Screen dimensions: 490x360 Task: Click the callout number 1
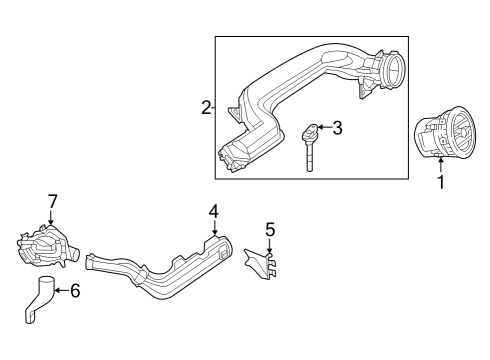click(441, 182)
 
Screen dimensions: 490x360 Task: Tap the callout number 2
click(206, 108)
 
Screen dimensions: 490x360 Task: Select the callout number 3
click(337, 128)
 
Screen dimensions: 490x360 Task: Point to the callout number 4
click(214, 211)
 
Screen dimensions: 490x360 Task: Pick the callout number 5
click(270, 230)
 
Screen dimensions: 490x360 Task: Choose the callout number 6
click(75, 290)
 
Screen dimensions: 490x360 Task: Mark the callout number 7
click(53, 201)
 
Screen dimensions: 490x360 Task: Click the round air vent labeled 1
click(445, 132)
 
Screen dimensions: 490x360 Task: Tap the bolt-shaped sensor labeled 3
click(310, 147)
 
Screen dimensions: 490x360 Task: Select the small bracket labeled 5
click(261, 263)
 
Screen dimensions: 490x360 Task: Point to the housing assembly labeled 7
click(47, 246)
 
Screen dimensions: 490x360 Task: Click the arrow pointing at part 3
click(325, 127)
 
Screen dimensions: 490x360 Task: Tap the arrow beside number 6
click(61, 290)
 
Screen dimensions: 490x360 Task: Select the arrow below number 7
click(51, 217)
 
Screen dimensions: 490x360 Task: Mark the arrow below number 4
click(214, 227)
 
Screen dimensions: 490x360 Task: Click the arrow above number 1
click(441, 166)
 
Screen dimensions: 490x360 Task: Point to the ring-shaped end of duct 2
click(392, 71)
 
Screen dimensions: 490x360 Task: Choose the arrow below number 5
click(270, 246)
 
